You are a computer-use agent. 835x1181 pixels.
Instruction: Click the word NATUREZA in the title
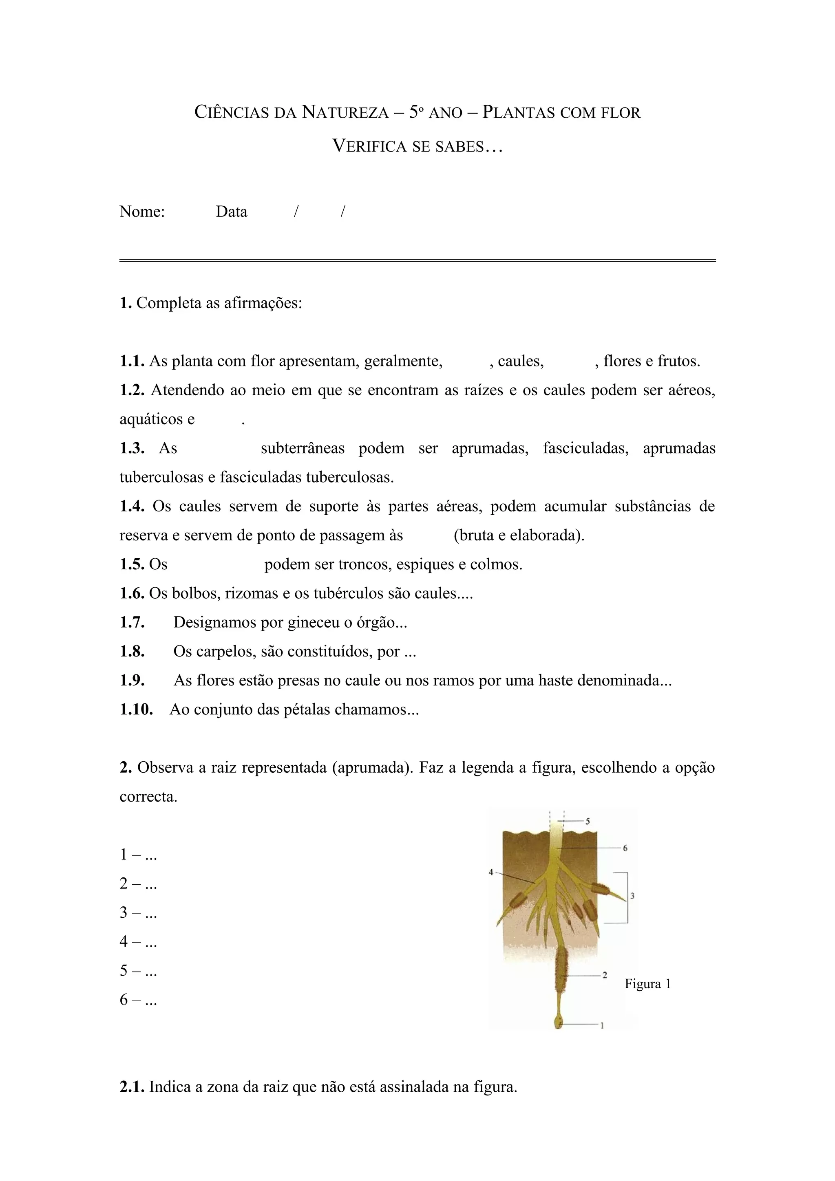click(x=345, y=112)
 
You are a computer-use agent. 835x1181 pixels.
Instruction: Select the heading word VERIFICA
click(x=369, y=147)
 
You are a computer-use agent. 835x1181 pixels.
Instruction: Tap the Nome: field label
click(x=142, y=212)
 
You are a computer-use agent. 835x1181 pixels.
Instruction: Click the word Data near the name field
click(x=232, y=212)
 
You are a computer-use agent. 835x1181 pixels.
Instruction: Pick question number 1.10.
click(x=136, y=710)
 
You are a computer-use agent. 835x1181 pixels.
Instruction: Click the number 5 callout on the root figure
click(x=588, y=822)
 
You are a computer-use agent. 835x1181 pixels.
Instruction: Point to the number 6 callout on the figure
click(x=625, y=848)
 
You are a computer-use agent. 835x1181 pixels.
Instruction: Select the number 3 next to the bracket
click(x=632, y=895)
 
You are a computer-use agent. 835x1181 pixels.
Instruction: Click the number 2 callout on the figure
click(x=605, y=975)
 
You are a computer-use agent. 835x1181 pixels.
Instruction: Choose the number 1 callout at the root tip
click(x=602, y=1026)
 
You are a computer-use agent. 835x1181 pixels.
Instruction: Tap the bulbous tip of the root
click(x=559, y=1021)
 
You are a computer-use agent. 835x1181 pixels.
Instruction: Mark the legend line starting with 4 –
click(x=138, y=942)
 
